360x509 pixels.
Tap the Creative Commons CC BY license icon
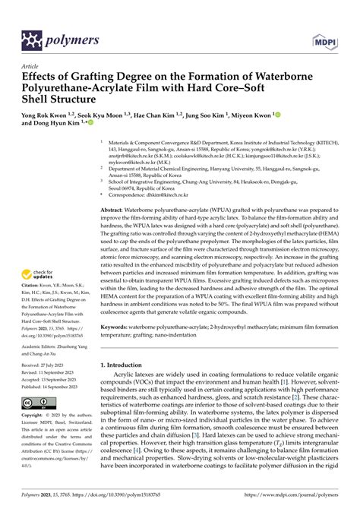pos(38,402)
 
